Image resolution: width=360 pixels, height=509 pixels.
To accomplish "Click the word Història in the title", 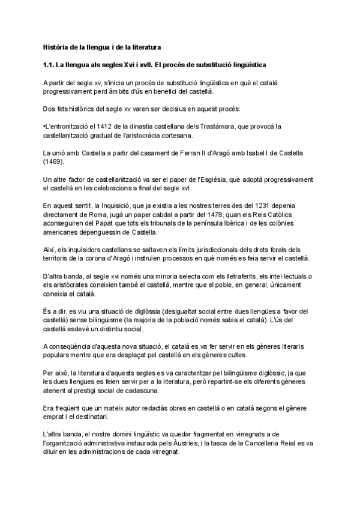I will coord(56,46).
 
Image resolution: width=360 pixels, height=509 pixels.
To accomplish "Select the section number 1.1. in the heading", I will coord(50,63).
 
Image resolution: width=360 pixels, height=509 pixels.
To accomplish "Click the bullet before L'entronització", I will coord(44,127).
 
